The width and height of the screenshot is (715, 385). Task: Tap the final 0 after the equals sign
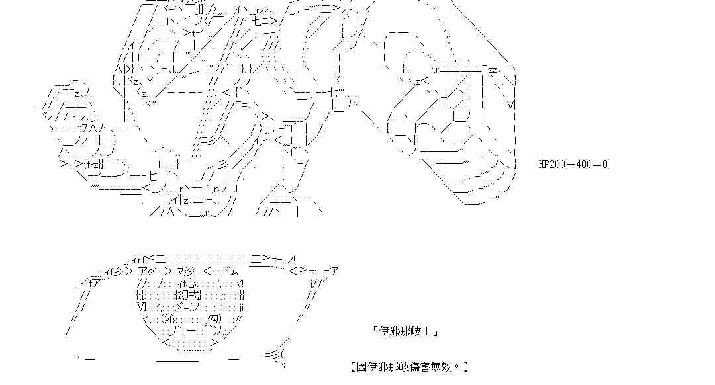click(604, 164)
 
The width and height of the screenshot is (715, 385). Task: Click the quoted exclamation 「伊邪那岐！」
click(405, 331)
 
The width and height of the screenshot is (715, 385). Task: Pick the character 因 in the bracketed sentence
click(360, 366)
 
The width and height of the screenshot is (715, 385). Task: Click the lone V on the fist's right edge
click(511, 105)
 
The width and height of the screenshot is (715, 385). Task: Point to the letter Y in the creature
click(150, 81)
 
